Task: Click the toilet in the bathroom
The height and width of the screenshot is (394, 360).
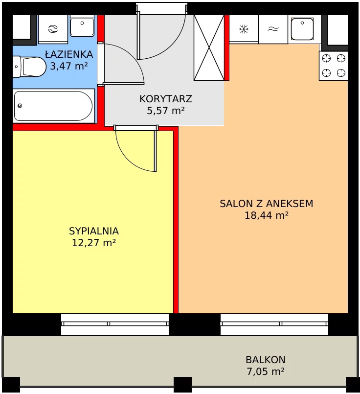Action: click(29, 67)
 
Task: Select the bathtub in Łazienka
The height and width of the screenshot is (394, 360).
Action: click(53, 106)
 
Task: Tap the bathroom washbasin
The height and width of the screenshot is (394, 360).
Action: click(82, 25)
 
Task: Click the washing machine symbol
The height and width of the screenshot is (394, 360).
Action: click(53, 29)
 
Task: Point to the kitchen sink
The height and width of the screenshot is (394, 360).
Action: click(302, 29)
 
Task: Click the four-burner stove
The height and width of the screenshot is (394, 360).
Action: click(334, 66)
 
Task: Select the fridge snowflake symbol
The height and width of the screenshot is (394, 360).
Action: click(244, 29)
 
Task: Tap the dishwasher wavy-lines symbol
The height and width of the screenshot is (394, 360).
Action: click(273, 29)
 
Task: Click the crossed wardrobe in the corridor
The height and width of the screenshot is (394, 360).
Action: click(209, 48)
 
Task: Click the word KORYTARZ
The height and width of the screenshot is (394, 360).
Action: click(166, 99)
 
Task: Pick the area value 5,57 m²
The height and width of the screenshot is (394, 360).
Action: click(166, 110)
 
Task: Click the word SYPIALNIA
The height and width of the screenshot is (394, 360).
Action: click(94, 231)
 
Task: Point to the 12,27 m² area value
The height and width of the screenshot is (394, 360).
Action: click(94, 243)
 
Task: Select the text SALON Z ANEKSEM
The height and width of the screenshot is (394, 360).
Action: click(267, 204)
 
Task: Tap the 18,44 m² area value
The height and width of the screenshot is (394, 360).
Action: click(267, 215)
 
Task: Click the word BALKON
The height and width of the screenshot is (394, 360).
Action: click(266, 360)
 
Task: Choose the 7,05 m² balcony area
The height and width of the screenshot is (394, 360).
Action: click(266, 371)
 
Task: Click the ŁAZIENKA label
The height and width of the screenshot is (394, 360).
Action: click(69, 54)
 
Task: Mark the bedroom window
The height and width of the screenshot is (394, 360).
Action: click(115, 324)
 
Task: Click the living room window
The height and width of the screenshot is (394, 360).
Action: click(274, 324)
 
